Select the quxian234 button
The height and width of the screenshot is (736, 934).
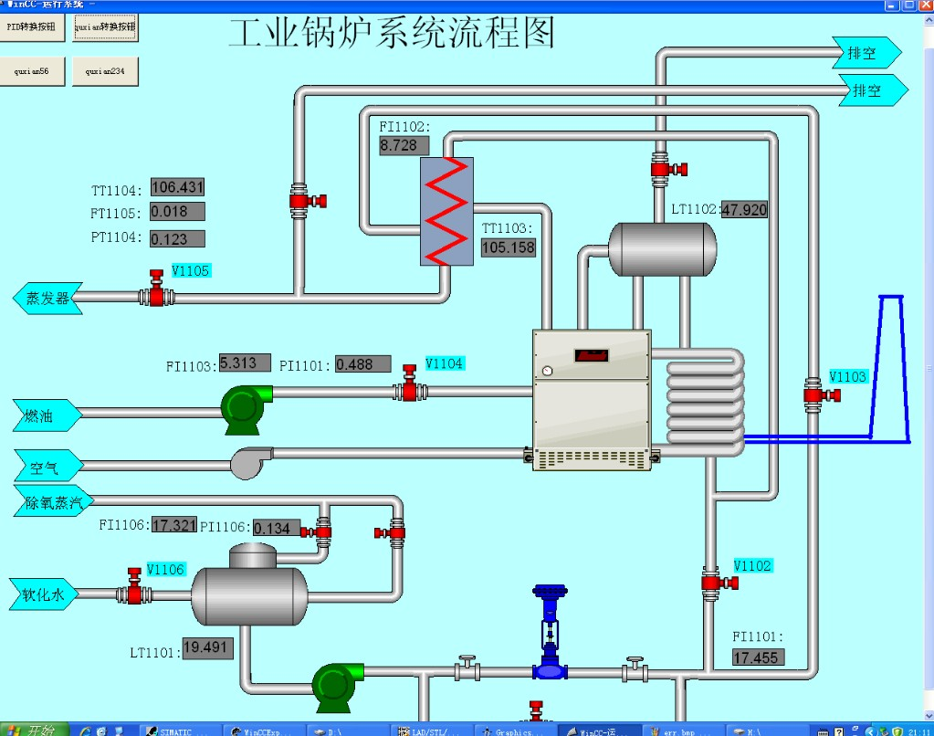pyautogui.click(x=105, y=70)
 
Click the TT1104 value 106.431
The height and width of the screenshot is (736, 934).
pyautogui.click(x=177, y=188)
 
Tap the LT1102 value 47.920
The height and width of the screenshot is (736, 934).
pyautogui.click(x=745, y=210)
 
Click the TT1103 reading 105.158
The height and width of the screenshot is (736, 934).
pyautogui.click(x=509, y=247)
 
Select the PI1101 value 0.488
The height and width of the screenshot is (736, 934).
pyautogui.click(x=362, y=364)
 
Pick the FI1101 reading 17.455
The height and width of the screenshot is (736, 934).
pyautogui.click(x=758, y=657)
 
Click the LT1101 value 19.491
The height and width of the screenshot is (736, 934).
pyautogui.click(x=207, y=648)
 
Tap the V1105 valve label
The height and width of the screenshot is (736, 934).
pyautogui.click(x=191, y=270)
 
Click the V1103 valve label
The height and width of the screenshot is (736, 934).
pyautogui.click(x=847, y=376)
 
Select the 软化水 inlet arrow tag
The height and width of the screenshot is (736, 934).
pyautogui.click(x=44, y=595)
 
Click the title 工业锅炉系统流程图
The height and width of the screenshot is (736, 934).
pyautogui.click(x=392, y=34)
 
